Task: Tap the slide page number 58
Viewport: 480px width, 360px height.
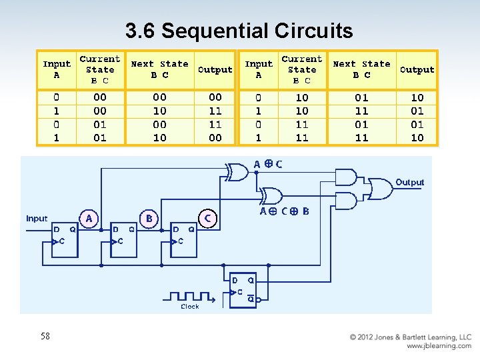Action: pos(45,336)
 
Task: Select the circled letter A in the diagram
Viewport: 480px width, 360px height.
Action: pos(89,218)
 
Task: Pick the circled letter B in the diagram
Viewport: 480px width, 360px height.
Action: pos(149,218)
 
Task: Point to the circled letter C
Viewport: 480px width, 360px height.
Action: pos(208,218)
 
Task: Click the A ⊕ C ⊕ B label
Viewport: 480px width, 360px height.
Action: pos(284,211)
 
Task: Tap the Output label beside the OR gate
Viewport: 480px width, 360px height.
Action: pos(409,182)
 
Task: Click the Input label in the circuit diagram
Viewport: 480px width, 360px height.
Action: pos(37,218)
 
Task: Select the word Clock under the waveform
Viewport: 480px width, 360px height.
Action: pos(190,307)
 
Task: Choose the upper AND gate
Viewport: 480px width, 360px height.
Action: pos(345,177)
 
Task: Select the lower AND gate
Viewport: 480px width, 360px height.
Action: pos(345,200)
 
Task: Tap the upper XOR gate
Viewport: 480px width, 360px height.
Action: pos(236,173)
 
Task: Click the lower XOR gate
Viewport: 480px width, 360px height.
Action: pos(270,196)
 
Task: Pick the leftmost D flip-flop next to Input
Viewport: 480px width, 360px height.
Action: pos(65,235)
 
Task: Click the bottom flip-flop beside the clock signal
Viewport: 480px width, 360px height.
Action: pos(242,290)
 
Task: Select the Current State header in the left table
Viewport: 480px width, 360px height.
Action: pos(100,69)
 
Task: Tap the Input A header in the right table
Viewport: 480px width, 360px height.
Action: pos(258,69)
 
